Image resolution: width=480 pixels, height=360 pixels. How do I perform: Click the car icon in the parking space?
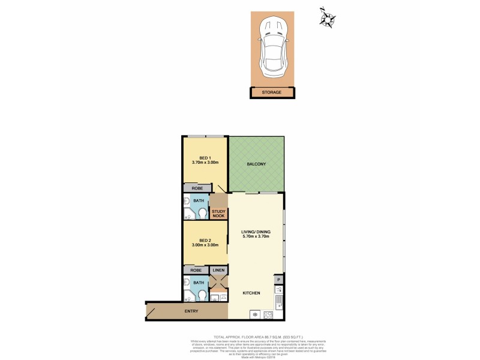tap(273, 50)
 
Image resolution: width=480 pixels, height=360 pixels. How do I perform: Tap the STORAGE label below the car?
tap(273, 92)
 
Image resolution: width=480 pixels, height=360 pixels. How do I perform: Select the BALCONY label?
tap(256, 164)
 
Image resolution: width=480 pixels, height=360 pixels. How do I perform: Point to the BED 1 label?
tap(205, 158)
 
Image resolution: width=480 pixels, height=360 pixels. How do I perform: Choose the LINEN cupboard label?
tap(219, 271)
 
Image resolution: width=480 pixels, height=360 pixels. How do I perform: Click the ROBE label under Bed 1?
tap(197, 188)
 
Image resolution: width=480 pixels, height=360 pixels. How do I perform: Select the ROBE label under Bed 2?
tap(196, 271)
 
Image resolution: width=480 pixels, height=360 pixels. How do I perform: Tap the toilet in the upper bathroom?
tap(203, 214)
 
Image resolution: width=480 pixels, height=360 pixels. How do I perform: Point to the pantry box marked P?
tap(278, 280)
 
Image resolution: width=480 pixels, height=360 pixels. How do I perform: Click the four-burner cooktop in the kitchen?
tap(267, 315)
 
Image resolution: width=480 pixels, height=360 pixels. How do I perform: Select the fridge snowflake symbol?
tap(254, 315)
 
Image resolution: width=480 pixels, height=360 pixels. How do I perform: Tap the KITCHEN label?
tap(251, 293)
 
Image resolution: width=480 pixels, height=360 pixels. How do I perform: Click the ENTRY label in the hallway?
tap(191, 311)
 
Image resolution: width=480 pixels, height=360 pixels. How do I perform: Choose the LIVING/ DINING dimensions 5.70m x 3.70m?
tap(255, 236)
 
